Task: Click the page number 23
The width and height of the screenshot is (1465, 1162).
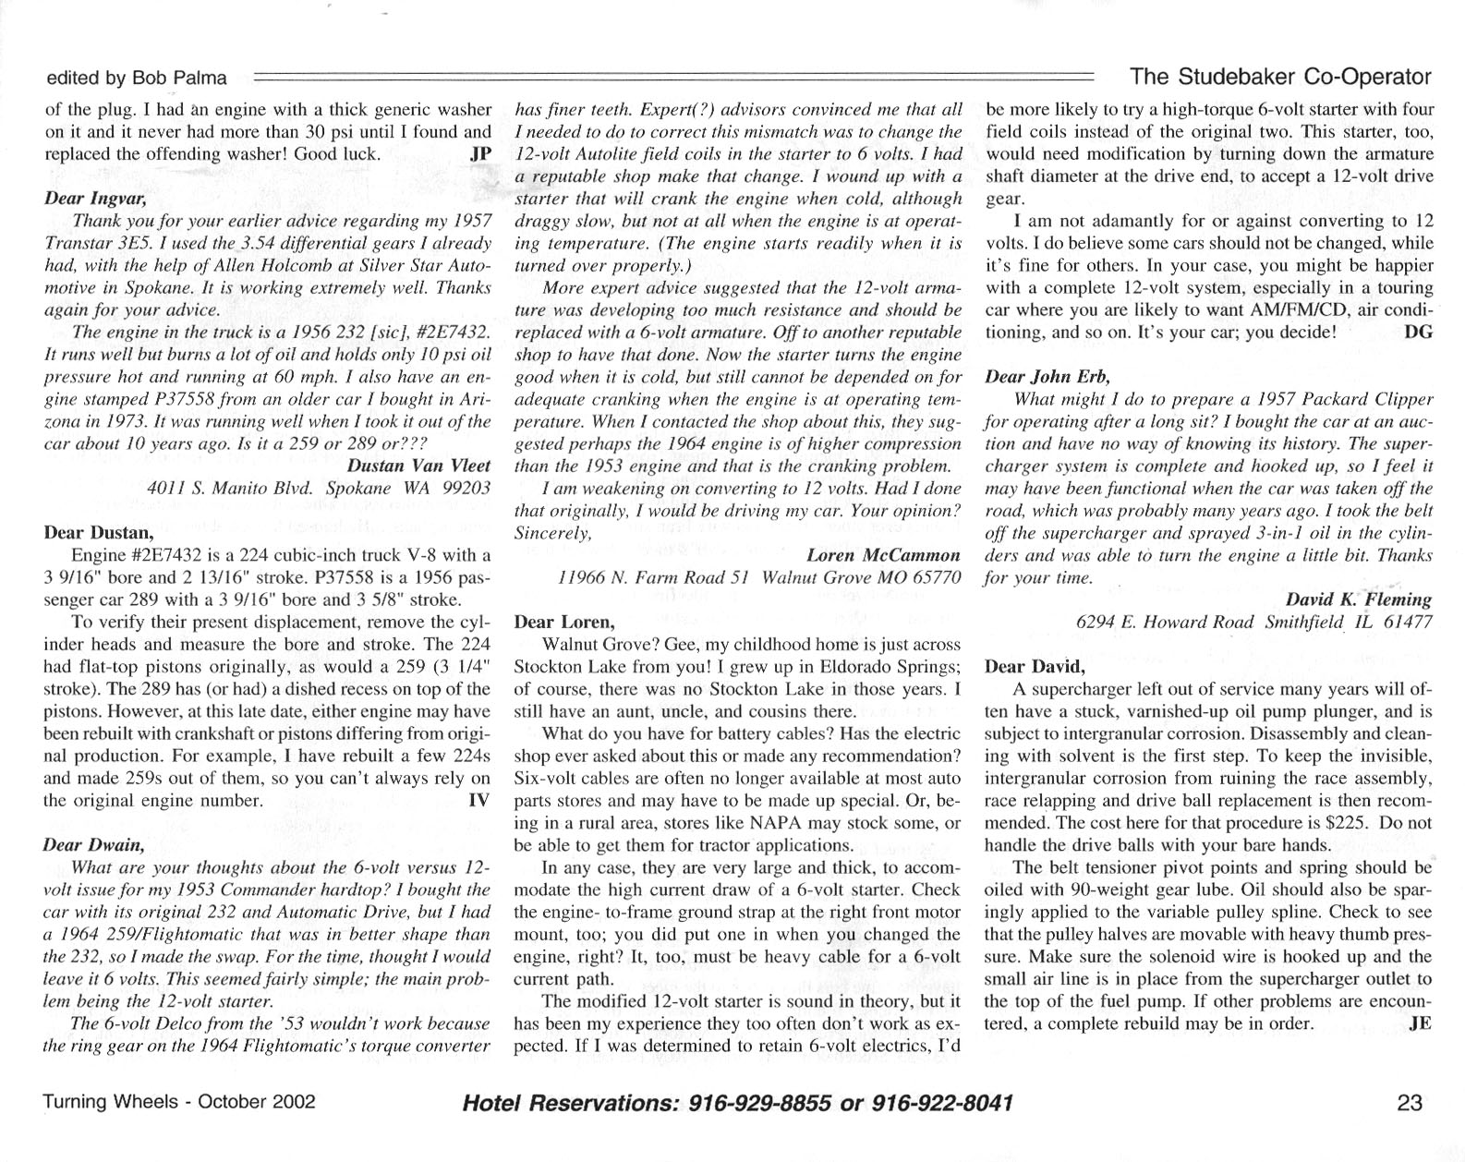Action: pyautogui.click(x=1410, y=1103)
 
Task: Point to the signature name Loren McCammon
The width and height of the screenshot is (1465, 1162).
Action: pyautogui.click(x=882, y=555)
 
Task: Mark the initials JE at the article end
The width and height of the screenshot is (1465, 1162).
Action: pyautogui.click(x=1421, y=1023)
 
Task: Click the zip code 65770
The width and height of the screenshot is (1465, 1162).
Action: pyautogui.click(x=934, y=577)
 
